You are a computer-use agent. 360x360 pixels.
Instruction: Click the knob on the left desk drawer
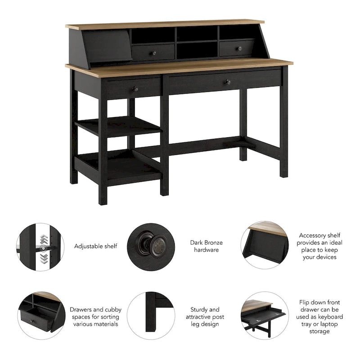[134, 89]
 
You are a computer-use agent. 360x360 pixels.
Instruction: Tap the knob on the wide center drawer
[228, 82]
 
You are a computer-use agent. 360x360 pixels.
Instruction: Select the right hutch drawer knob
[239, 48]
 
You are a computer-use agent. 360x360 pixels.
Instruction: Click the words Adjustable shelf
[96, 246]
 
